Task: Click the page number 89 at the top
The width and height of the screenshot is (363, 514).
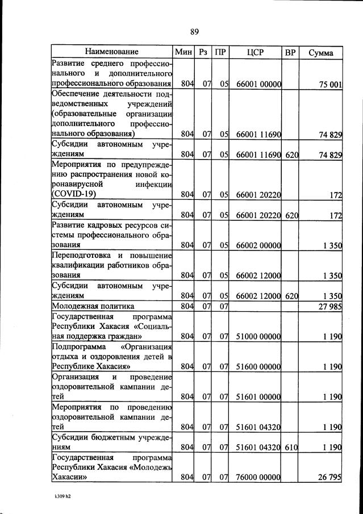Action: coord(194,31)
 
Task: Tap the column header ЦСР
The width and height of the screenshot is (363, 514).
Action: coord(256,52)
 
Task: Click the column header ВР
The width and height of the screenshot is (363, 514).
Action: coord(290,52)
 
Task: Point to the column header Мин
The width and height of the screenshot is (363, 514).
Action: coord(185,52)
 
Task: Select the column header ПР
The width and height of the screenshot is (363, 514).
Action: coord(220,52)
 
